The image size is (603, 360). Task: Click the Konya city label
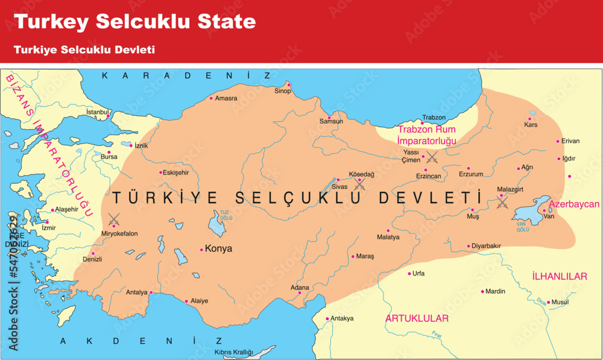pos(218,248)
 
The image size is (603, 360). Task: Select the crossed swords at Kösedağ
pos(360,184)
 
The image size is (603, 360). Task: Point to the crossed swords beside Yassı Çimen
pos(432,157)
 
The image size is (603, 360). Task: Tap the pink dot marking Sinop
pos(289,84)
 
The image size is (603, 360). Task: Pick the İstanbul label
pos(98,112)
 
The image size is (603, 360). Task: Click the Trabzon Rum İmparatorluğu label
pos(426,135)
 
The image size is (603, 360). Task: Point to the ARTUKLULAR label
pos(417,318)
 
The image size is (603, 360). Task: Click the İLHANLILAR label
pos(559,276)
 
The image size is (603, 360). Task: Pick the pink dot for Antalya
pos(151,293)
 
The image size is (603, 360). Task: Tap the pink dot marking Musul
pos(548,302)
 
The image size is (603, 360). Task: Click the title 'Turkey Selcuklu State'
pos(135,22)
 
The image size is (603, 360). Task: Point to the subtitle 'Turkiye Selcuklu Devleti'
pos(84,49)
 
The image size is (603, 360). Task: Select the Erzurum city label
pos(471,174)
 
